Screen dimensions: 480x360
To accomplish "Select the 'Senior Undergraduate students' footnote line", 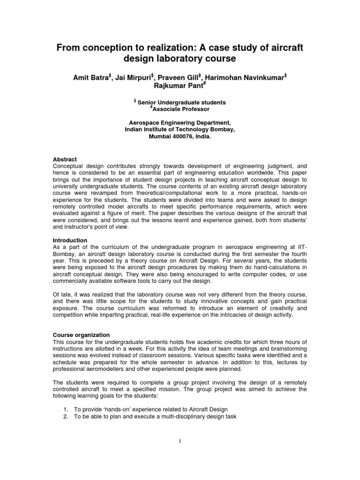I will point(182,102).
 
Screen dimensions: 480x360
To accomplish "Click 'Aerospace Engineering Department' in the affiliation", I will point(180,122).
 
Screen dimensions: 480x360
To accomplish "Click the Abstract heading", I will point(66,159).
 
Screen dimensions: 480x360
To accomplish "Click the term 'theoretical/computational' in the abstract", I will point(165,192).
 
